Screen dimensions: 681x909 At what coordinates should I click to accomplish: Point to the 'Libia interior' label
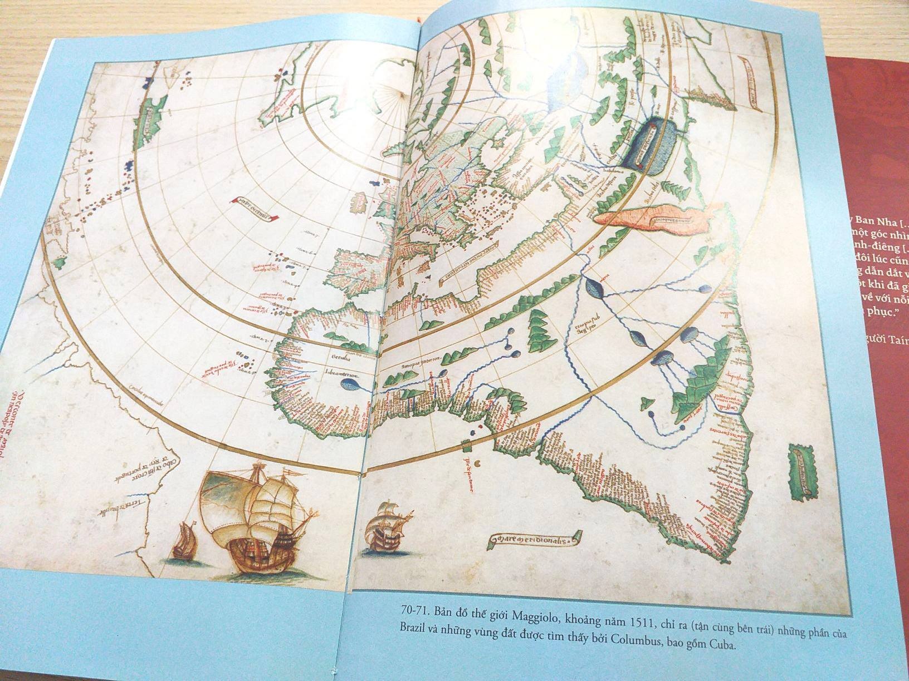click(x=341, y=373)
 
